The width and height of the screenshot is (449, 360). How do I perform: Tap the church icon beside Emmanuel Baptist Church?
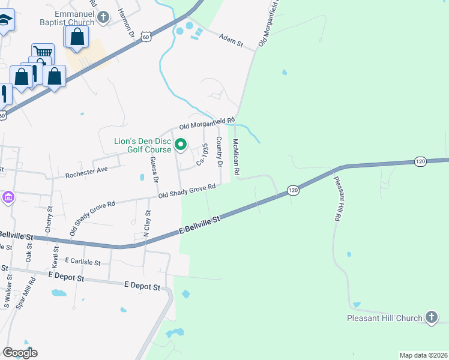pyautogui.click(x=103, y=17)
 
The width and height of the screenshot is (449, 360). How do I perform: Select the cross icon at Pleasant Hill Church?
pyautogui.click(x=431, y=317)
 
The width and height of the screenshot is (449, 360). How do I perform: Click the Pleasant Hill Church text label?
pyautogui.click(x=384, y=318)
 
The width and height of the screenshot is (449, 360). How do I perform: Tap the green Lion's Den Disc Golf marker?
pyautogui.click(x=180, y=145)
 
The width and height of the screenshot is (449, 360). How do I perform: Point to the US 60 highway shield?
pyautogui.click(x=146, y=37)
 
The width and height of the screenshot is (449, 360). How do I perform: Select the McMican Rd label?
pyautogui.click(x=237, y=157)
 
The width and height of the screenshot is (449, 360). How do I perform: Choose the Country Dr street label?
pyautogui.click(x=220, y=152)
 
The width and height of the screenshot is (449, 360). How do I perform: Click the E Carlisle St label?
pyautogui.click(x=87, y=262)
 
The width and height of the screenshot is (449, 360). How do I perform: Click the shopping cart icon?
pyautogui.click(x=43, y=52)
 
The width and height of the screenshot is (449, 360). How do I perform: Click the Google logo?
pyautogui.click(x=20, y=353)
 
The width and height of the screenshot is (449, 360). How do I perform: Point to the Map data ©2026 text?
pyautogui.click(x=423, y=355)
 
